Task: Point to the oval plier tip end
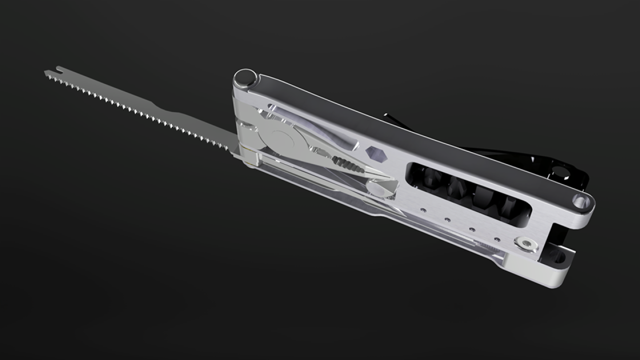[x=381, y=189]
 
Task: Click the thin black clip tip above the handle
[x=389, y=116]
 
